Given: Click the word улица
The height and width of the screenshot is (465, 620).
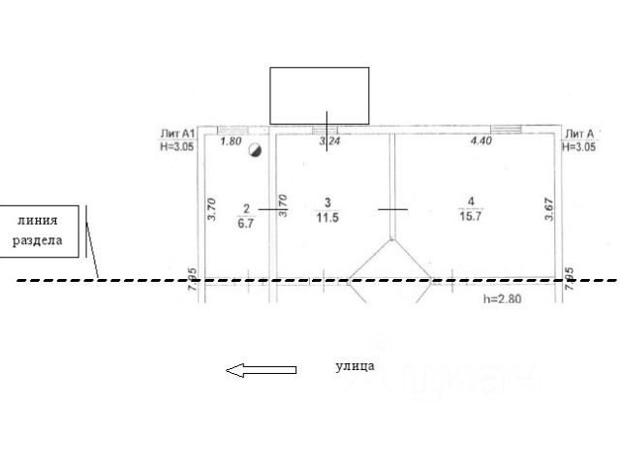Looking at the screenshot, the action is (355, 366).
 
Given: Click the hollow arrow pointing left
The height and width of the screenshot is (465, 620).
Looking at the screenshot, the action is (261, 369).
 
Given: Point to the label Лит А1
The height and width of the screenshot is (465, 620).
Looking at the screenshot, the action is (178, 134).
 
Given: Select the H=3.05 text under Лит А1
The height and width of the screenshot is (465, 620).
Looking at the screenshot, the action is (178, 147).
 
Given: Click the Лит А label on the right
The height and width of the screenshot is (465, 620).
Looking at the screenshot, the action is (578, 134).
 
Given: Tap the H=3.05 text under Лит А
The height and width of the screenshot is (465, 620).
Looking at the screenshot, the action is (579, 147).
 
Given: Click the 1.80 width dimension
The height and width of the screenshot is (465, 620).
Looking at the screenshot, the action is (231, 141).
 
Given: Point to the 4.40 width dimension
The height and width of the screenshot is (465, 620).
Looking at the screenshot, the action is (481, 141).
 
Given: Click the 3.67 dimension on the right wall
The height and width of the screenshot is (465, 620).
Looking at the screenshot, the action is (549, 211).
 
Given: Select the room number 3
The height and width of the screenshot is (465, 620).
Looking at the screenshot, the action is (328, 202).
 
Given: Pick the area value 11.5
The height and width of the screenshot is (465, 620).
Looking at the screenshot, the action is (328, 217).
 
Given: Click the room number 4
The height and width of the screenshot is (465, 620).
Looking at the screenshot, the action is (471, 202).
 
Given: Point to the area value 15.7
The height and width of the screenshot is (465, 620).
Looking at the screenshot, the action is (471, 217).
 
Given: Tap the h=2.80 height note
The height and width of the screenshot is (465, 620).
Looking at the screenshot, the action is (502, 299).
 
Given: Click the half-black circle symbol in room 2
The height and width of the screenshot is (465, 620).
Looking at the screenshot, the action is (255, 149).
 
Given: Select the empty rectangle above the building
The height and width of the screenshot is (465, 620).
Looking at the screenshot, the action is (319, 95).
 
